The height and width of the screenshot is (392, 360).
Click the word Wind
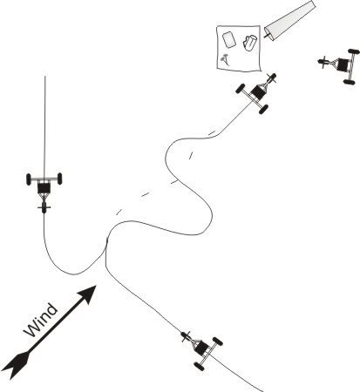tap(41, 320)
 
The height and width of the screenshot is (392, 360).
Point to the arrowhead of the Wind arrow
tap(88, 294)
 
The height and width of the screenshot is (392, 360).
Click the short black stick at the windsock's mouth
tap(267, 36)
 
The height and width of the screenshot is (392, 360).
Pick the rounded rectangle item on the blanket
tap(228, 39)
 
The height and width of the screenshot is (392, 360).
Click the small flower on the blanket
tap(225, 59)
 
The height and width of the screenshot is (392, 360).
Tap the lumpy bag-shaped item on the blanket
tap(250, 43)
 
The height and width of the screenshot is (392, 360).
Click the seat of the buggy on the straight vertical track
tap(44, 188)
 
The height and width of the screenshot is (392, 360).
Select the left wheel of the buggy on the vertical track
tap(29, 179)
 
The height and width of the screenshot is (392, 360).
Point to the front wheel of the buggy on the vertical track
tap(44, 208)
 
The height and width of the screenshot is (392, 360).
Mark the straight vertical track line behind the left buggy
tap(44, 127)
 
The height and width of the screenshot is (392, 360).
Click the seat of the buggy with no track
tap(343, 65)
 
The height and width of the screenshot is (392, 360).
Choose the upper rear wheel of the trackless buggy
tap(354, 51)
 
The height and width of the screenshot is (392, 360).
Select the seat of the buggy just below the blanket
tap(257, 92)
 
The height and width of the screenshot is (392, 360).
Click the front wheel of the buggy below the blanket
tap(270, 78)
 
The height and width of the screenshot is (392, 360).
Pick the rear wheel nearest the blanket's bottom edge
tap(241, 88)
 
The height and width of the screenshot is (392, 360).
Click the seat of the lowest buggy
tap(202, 348)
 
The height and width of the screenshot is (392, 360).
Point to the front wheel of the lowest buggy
tap(186, 336)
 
